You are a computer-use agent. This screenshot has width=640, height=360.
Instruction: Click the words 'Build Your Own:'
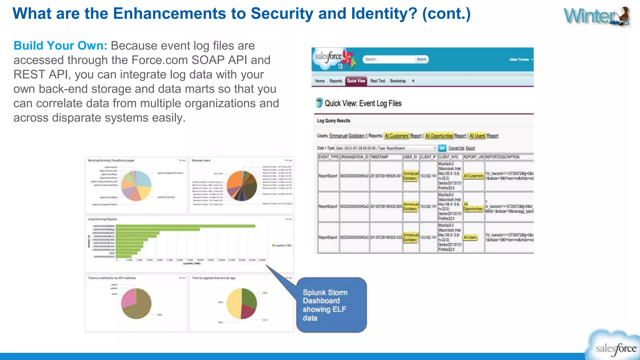point(60,46)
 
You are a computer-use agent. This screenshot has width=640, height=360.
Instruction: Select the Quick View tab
point(356,81)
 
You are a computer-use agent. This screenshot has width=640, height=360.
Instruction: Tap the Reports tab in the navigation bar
point(336,81)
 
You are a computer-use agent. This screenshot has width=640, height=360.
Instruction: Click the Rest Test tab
point(377,81)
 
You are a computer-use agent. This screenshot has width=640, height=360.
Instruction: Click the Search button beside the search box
point(421,59)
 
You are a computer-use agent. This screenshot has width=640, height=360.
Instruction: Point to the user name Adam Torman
point(519,59)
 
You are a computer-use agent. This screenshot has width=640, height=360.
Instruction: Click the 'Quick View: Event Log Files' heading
point(363,103)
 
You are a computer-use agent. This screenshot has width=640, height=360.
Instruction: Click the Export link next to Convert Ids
point(470,148)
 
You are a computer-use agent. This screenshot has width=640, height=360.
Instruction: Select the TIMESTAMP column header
point(379,157)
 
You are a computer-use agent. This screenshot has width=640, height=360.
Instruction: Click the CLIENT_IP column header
point(428,157)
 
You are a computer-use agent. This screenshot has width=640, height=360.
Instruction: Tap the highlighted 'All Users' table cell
point(470,237)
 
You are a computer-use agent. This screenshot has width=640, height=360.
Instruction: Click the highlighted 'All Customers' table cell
point(473,176)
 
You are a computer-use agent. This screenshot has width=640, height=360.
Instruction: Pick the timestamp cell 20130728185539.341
point(386,176)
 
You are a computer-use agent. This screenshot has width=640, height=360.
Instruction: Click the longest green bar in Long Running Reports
point(185,226)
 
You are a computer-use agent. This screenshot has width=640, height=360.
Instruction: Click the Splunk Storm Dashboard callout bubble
point(331,305)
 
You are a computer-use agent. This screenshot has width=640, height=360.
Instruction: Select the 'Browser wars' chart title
point(201,161)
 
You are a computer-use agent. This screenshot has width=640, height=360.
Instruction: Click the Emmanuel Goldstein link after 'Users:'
point(347,136)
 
